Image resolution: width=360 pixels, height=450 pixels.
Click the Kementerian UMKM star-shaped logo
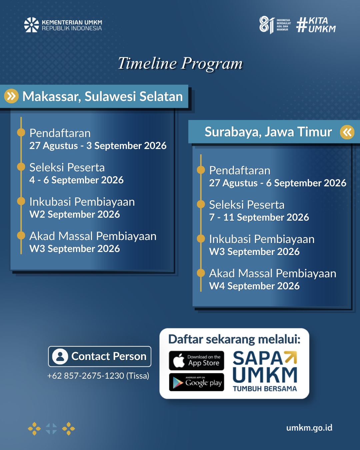(31, 25)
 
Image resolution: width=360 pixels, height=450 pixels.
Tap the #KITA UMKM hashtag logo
(316, 25)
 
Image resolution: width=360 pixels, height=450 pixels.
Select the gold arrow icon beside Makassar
(11, 96)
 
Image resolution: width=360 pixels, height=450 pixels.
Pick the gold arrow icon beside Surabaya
(347, 132)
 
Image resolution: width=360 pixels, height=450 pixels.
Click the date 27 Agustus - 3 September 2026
(98, 146)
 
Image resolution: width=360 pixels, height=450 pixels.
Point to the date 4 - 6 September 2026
(76, 180)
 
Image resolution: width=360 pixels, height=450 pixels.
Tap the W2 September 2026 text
(75, 214)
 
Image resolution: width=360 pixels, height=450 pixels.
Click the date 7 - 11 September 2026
(259, 217)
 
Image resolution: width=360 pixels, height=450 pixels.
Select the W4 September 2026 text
(254, 286)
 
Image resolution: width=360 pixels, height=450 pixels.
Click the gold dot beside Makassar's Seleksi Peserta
(21, 167)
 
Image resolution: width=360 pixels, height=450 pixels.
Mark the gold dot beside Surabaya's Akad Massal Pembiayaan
(201, 273)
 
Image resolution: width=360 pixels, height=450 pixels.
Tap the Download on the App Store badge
(196, 361)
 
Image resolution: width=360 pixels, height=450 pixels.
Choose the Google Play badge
(196, 382)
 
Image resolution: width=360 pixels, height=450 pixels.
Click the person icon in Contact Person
(60, 357)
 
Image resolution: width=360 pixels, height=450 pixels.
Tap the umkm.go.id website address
(309, 428)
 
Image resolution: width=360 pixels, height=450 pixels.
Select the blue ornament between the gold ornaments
(51, 429)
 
